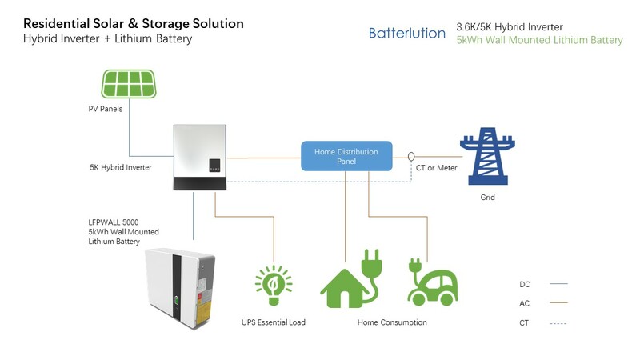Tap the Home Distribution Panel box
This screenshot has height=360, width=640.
coord(346,156)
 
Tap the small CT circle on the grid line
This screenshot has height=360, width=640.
coord(412,156)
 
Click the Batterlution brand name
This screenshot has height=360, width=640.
coord(407,33)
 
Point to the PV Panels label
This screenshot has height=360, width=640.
coord(106,109)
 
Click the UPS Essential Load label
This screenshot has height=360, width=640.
coord(274,322)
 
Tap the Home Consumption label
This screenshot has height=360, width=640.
coord(392,322)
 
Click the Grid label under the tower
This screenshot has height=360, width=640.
coord(487,197)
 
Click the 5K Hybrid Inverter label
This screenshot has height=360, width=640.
coord(121,167)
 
